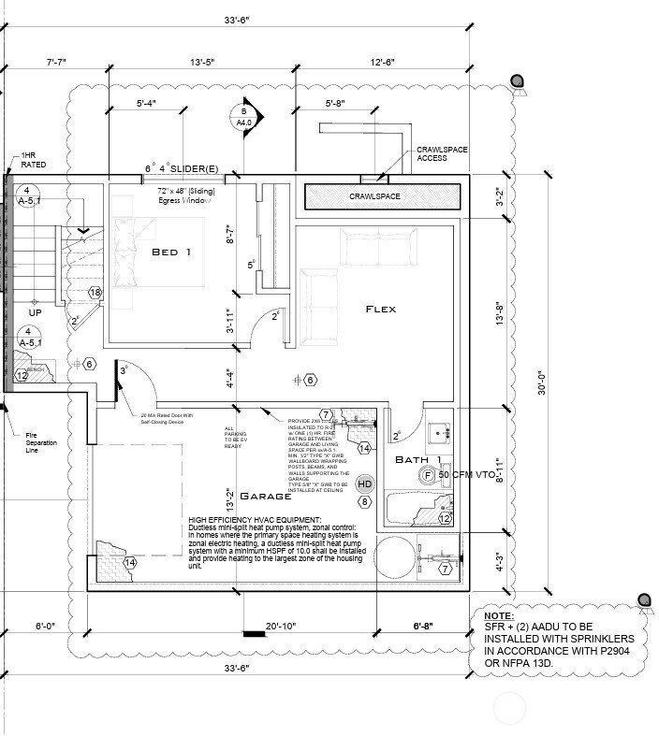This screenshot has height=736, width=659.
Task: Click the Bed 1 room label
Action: point(171,253)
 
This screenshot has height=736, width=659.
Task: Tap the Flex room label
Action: point(381,309)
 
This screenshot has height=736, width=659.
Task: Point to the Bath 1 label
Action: point(418,460)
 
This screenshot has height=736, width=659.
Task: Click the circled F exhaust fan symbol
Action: point(428,476)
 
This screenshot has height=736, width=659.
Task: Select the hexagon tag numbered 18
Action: point(95,293)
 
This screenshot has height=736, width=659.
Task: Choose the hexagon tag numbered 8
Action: point(365,502)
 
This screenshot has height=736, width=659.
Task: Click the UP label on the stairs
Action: point(36,313)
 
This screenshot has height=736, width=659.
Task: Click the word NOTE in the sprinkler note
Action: point(501,617)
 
